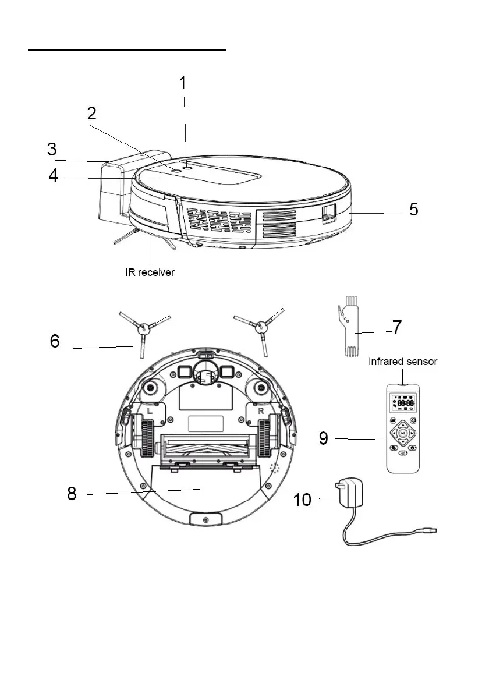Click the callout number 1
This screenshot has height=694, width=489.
[x=182, y=83]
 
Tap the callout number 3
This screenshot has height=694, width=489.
[x=52, y=150]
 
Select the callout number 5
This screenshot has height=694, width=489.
[x=413, y=209]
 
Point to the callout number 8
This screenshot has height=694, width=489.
[x=72, y=494]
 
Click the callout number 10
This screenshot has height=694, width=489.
[x=302, y=500]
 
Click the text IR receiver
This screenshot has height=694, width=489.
[x=150, y=272]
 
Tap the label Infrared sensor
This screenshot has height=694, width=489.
[x=403, y=362]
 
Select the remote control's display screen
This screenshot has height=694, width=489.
[x=403, y=403]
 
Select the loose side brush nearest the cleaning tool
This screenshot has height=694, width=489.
[x=261, y=330]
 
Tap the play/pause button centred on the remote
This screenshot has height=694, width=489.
[x=403, y=434]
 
